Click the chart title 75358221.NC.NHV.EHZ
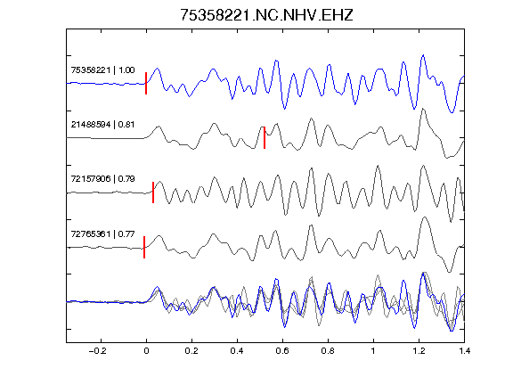[x=266, y=15]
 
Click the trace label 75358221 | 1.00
[x=102, y=70]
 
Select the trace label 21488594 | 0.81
[x=102, y=125]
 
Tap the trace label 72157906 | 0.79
[x=102, y=179]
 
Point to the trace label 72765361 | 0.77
[x=102, y=234]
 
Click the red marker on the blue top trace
[x=146, y=83]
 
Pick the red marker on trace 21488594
[x=265, y=137]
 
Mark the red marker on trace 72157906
[x=153, y=192]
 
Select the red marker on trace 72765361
[x=144, y=247]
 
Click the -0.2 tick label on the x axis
[x=98, y=351]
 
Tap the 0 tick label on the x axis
[x=146, y=351]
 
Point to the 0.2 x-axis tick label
[x=191, y=351]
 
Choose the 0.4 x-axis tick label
[x=237, y=351]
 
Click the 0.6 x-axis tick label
[x=282, y=351]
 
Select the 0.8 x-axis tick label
[x=328, y=351]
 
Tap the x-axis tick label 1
[x=373, y=351]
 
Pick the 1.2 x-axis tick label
[x=419, y=351]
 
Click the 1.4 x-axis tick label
[x=464, y=351]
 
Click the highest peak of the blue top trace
[x=424, y=55]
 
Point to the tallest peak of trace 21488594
[x=424, y=109]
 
